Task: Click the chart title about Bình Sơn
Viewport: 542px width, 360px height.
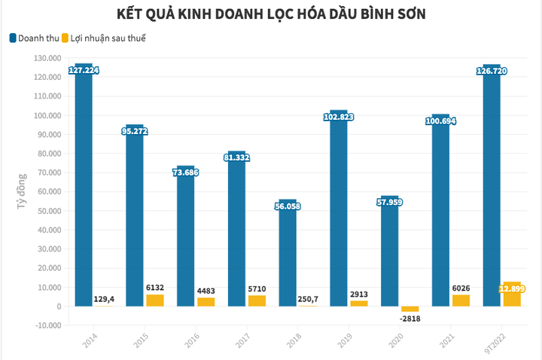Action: click(x=271, y=14)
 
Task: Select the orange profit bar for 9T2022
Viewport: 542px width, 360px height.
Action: click(x=512, y=294)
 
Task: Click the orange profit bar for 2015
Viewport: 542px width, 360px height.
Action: click(x=155, y=300)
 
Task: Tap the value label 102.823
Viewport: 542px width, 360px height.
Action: click(x=339, y=117)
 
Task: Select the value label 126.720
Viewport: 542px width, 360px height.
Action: click(x=492, y=71)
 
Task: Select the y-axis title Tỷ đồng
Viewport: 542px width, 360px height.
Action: click(x=22, y=191)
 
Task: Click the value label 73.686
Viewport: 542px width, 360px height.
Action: click(x=185, y=172)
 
